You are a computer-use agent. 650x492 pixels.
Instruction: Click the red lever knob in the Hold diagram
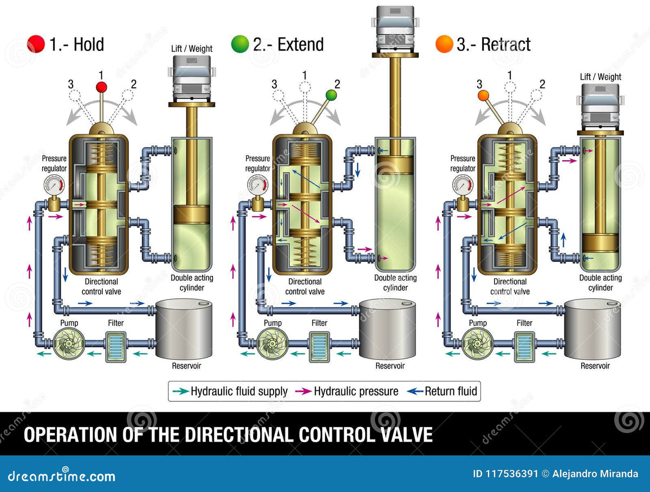[x=102, y=87]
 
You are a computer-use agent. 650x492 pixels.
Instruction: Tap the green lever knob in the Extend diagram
[x=331, y=95]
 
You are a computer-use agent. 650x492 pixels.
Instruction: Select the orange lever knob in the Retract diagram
[x=483, y=95]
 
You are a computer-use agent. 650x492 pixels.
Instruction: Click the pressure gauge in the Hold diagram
[x=54, y=185]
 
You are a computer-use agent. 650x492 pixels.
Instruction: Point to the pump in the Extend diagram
[x=272, y=344]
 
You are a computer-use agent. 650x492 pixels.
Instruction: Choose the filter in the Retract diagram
[x=524, y=347]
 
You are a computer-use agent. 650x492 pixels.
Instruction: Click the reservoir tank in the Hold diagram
[x=184, y=329]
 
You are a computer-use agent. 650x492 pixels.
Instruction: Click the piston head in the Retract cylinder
[x=600, y=243]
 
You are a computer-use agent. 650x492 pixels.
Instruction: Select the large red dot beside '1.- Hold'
[x=36, y=44]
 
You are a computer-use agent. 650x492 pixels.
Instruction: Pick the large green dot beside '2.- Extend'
[x=240, y=44]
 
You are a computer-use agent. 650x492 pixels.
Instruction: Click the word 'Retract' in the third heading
[x=505, y=44]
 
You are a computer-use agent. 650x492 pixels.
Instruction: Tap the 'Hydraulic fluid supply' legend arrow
[x=180, y=391]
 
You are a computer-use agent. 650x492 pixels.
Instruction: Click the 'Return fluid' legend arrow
[x=415, y=391]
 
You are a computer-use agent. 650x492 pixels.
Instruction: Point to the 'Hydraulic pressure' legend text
[x=356, y=391]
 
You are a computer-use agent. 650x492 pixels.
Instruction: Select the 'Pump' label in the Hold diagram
[x=69, y=323]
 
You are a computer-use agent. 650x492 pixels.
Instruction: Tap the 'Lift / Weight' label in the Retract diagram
[x=600, y=77]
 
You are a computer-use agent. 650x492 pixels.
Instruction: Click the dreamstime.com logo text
[x=62, y=476]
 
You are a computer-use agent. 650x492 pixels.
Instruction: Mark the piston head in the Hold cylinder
[x=192, y=214]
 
